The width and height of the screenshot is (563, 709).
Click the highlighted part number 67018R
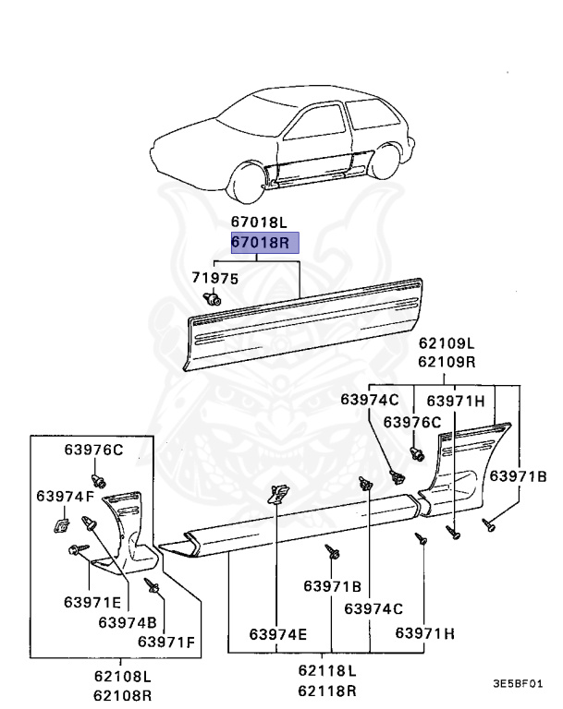(x=260, y=243)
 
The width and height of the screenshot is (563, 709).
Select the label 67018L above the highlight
(x=260, y=222)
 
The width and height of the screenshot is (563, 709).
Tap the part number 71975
(x=214, y=278)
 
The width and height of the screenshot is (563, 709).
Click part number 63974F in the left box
(x=65, y=497)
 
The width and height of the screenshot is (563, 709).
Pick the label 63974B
(x=128, y=621)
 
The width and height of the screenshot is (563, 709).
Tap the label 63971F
(x=167, y=641)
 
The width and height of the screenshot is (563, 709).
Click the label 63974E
(x=277, y=634)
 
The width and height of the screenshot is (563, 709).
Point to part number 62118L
(x=327, y=669)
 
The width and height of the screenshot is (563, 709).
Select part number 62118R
(x=327, y=688)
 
